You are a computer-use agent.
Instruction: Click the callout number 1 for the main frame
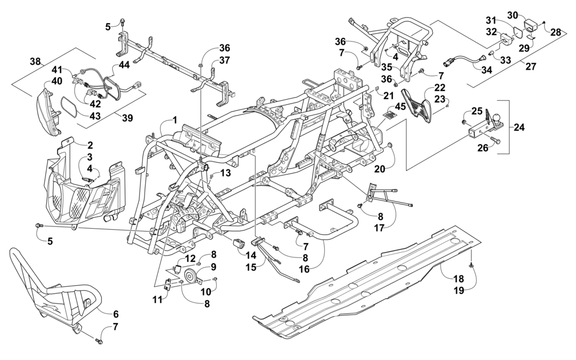[x=175, y=120]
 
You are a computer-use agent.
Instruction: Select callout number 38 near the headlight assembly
[x=36, y=62]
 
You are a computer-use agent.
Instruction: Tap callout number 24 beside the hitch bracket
[x=520, y=127]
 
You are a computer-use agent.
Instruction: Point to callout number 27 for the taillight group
[x=531, y=66]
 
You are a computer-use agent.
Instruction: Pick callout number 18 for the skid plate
[x=459, y=279]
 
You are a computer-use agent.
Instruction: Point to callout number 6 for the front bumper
[x=116, y=314]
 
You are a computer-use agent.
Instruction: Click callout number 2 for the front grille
[x=90, y=145]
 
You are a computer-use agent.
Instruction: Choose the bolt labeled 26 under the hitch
[x=494, y=141]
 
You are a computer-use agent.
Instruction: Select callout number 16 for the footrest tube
[x=304, y=269]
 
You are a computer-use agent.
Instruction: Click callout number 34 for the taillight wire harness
[x=486, y=70]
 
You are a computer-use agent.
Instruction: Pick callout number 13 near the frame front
[x=226, y=172]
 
